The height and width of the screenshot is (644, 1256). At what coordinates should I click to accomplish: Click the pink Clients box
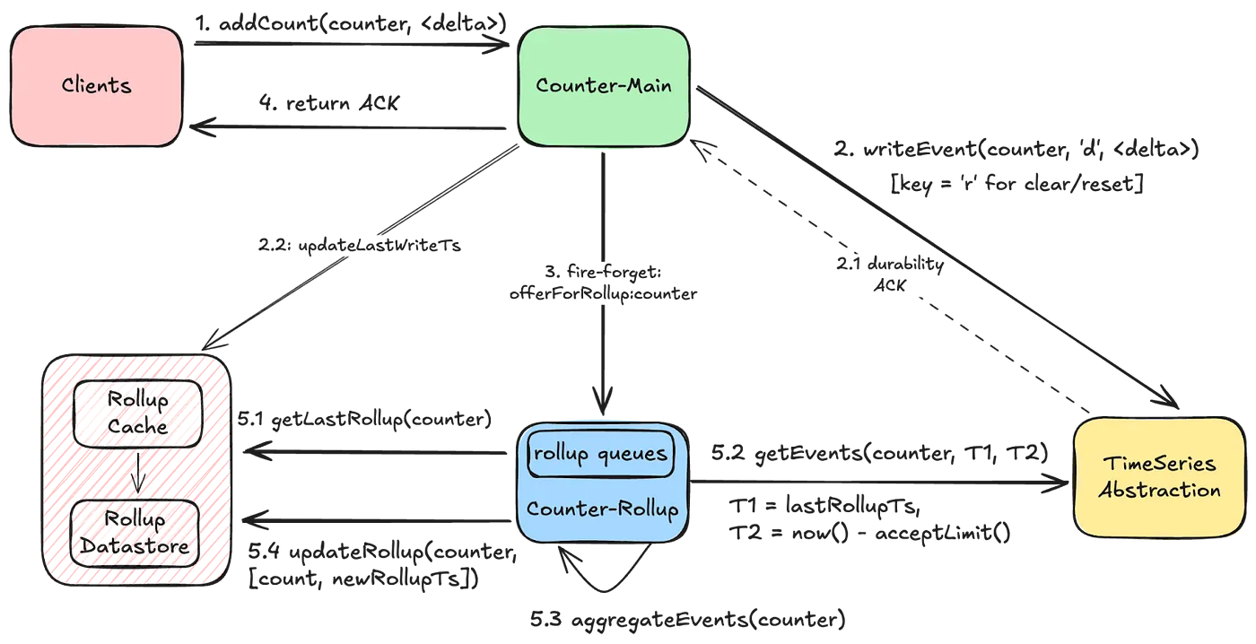pos(97,86)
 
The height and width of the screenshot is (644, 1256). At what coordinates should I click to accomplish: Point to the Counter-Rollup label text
pos(601,509)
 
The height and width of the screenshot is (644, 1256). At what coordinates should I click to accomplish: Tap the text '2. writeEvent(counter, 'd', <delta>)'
pos(1016,149)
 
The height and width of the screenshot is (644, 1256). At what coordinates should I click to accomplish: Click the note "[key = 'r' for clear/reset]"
pos(1016,185)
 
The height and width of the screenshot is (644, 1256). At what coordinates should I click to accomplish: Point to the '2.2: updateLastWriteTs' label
pos(358,244)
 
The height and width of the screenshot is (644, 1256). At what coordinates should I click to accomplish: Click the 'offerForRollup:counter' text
pos(603,293)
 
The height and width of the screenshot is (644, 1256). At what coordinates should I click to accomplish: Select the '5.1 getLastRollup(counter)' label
pos(364,419)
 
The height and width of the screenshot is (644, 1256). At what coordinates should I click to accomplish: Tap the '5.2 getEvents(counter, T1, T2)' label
pos(878,453)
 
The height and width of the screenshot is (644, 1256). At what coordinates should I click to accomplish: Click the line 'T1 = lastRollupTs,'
pos(824,507)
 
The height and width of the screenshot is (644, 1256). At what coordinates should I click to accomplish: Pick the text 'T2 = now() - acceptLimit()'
pos(869,535)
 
